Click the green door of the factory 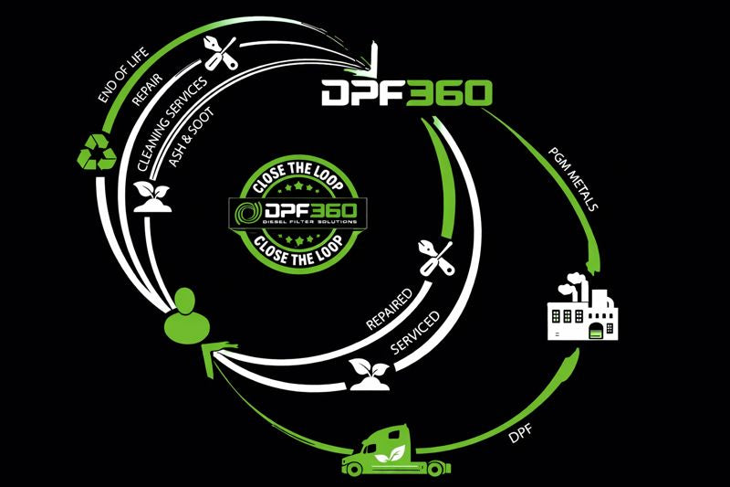tap(600, 332)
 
